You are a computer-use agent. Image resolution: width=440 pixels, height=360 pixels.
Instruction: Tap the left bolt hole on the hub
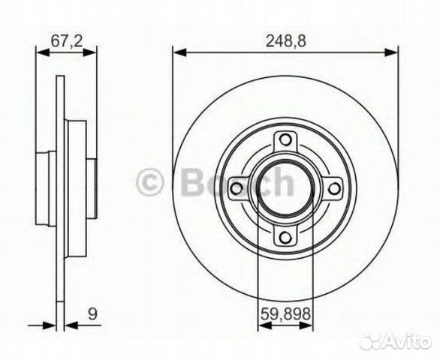[236, 188]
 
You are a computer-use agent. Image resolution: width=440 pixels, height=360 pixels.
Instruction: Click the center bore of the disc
[285, 188]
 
